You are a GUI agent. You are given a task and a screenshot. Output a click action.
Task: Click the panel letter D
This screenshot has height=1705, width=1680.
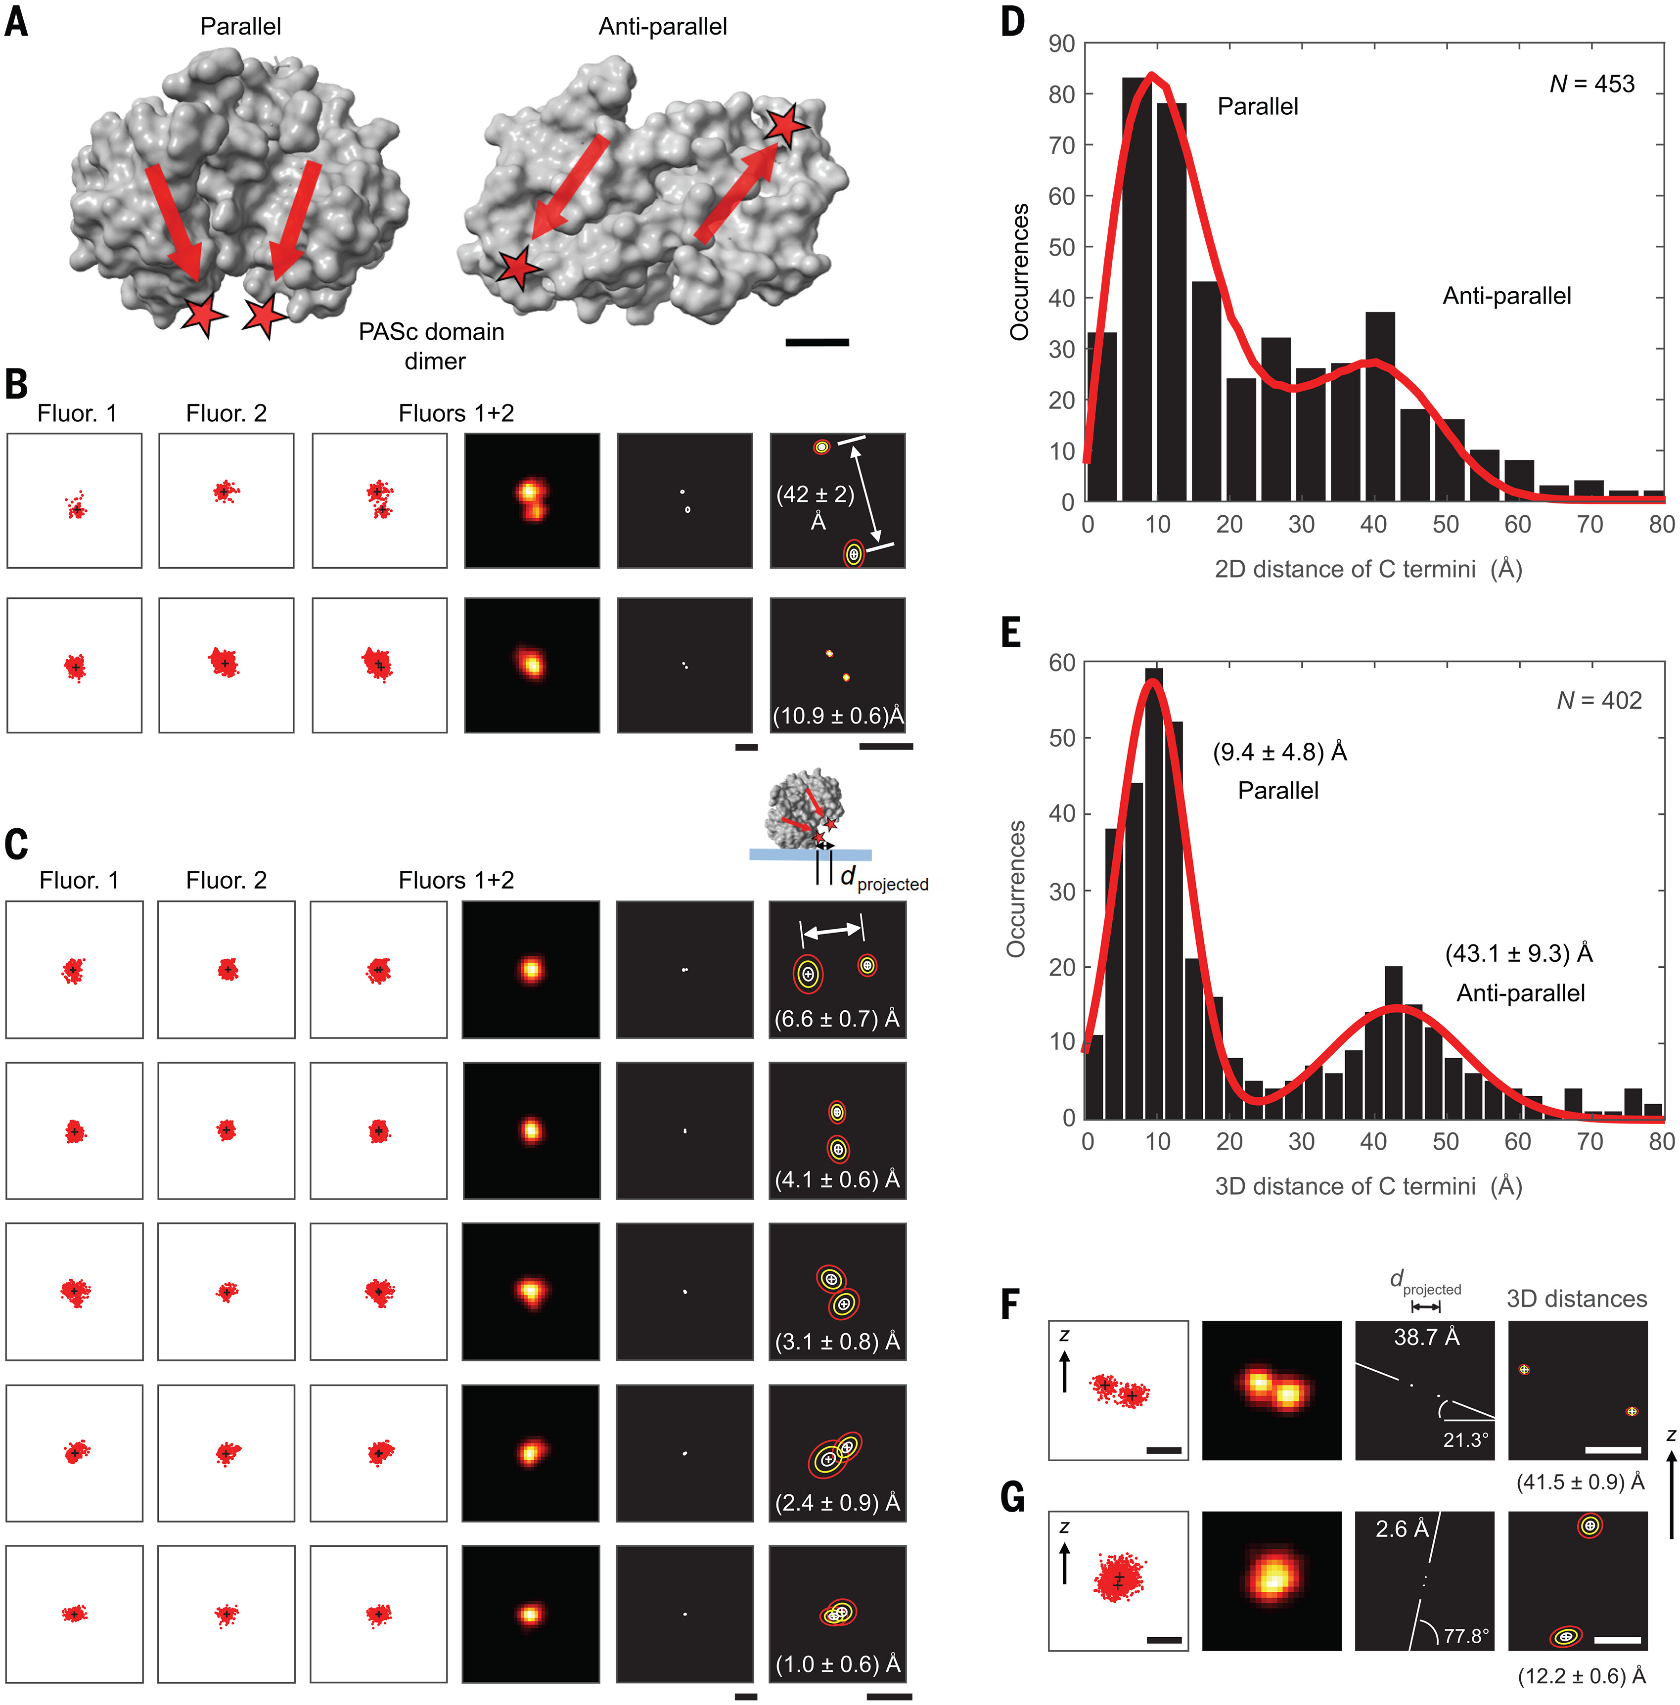1013,21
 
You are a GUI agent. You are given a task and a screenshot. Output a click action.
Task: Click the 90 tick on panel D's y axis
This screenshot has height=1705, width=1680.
1061,44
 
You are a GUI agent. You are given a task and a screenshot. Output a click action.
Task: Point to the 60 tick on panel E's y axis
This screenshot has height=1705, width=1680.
1061,663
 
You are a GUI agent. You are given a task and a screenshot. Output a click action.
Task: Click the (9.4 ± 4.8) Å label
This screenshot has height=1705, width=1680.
1279,753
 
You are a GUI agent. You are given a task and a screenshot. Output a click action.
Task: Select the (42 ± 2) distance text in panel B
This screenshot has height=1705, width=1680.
816,495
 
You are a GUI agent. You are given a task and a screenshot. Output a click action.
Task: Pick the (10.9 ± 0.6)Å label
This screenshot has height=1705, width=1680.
838,716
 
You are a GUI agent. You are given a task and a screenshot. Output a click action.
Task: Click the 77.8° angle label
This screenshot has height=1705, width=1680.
1465,1636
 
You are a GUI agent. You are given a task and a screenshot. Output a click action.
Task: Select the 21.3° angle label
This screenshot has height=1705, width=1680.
1465,1440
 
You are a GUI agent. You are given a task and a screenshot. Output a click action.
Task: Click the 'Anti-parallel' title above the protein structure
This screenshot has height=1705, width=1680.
663,27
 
